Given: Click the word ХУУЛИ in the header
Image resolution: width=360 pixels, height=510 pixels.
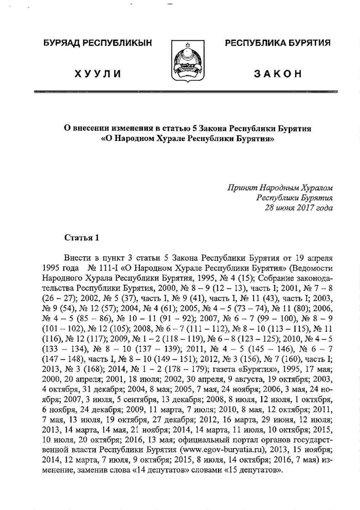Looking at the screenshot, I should pos(98,74).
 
